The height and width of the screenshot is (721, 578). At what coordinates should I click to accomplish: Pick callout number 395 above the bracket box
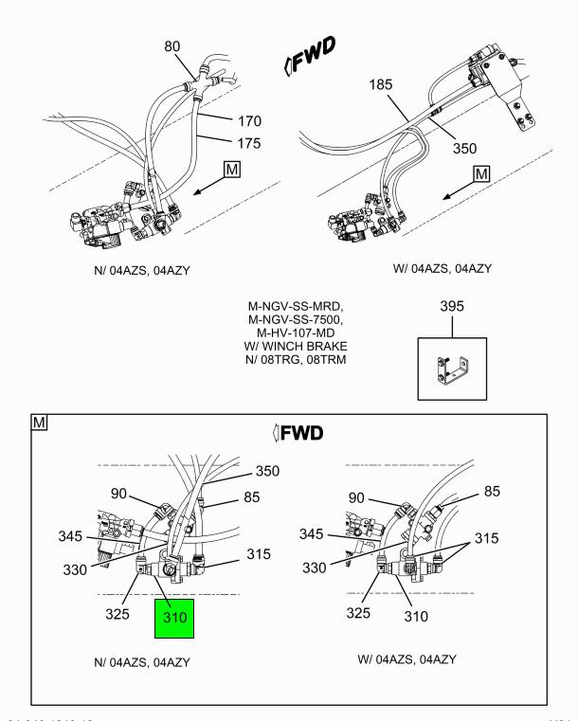pyautogui.click(x=453, y=309)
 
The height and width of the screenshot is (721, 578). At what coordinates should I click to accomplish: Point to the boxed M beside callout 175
pyautogui.click(x=233, y=171)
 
